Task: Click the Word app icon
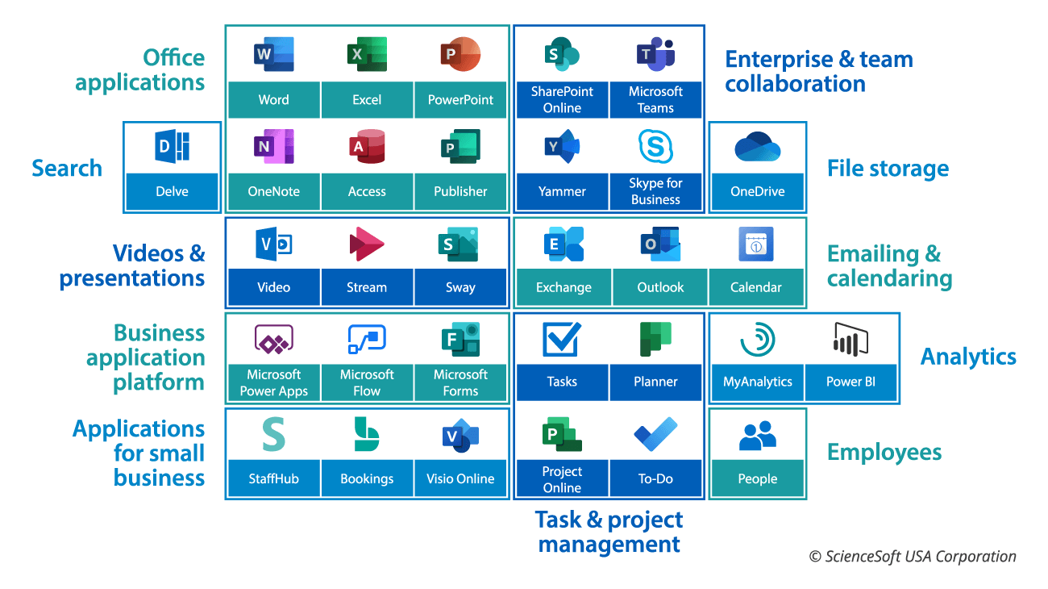click(x=273, y=55)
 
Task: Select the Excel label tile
click(x=367, y=100)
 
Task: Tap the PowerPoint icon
click(x=460, y=55)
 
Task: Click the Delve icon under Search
click(x=172, y=148)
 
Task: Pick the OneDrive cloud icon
click(x=757, y=147)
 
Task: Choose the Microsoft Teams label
click(x=655, y=100)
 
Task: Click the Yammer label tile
click(x=562, y=192)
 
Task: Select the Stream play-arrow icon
click(x=367, y=244)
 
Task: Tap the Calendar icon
click(x=756, y=244)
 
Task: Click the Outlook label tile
click(x=660, y=288)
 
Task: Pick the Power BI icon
click(x=850, y=340)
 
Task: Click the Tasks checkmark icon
click(x=562, y=340)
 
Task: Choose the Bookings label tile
click(x=367, y=478)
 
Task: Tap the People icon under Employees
click(x=757, y=436)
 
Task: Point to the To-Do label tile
click(x=655, y=478)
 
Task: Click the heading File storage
click(x=888, y=169)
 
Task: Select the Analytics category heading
click(x=968, y=357)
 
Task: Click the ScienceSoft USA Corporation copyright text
click(x=913, y=557)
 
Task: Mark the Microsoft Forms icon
click(x=460, y=340)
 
